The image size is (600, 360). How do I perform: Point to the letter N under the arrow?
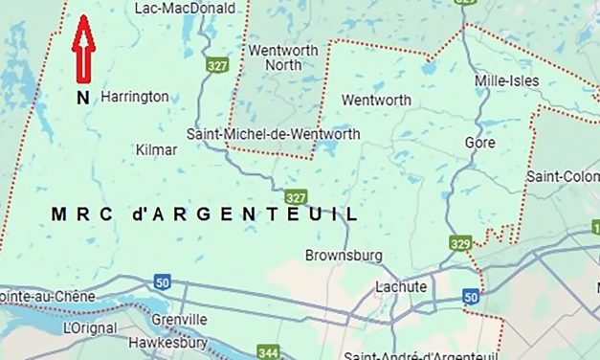[84, 96]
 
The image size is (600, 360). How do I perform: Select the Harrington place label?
[135, 97]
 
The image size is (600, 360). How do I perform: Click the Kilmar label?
[157, 150]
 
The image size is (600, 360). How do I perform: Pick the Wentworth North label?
[275, 57]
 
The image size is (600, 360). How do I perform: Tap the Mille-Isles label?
[506, 81]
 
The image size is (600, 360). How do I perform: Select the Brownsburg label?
[344, 256]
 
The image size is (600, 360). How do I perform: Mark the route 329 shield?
[460, 245]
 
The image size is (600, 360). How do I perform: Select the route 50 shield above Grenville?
[162, 281]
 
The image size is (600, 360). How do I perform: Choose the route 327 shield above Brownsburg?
[296, 197]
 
